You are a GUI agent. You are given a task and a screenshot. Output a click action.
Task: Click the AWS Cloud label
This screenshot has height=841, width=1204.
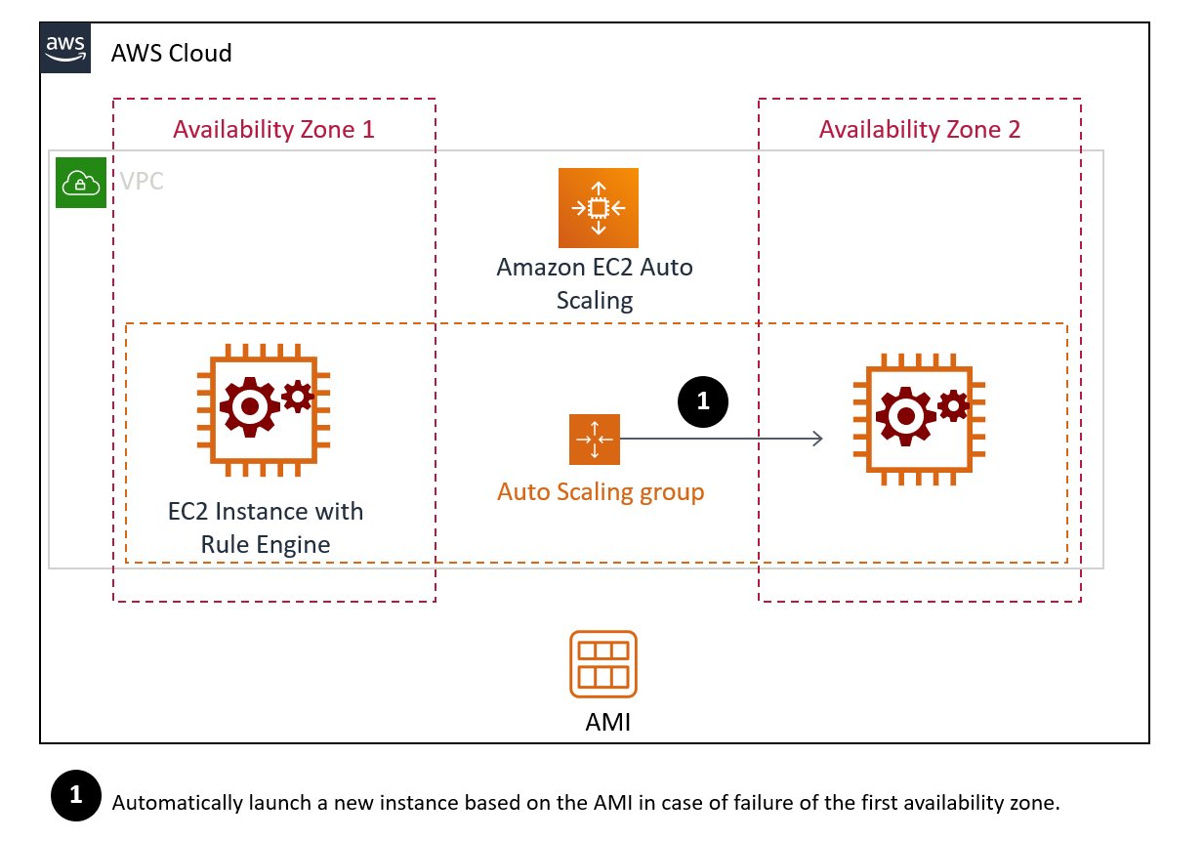[171, 53]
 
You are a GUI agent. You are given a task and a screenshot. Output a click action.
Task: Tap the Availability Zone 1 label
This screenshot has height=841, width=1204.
[273, 129]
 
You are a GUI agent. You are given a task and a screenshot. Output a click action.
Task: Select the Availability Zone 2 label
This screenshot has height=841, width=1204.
[919, 129]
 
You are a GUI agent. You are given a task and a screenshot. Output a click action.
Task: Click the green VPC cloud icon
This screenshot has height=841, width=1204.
[80, 182]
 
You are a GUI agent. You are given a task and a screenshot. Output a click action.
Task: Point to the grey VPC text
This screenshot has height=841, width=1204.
[142, 182]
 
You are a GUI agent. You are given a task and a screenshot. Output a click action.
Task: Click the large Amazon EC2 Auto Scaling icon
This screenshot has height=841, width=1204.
[598, 207]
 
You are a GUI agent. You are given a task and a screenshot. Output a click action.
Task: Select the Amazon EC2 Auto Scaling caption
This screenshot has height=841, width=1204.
[595, 283]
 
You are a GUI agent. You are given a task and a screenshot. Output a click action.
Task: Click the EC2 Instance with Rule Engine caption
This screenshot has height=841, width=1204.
[266, 527]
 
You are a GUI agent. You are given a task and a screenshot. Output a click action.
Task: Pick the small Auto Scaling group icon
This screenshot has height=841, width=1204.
[594, 439]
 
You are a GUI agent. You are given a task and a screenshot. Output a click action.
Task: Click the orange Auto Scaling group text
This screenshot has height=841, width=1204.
[601, 491]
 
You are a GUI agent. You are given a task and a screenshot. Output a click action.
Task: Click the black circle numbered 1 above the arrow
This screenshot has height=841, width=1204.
[702, 400]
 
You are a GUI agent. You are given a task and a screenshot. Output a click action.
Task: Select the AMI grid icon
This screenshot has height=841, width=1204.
[603, 663]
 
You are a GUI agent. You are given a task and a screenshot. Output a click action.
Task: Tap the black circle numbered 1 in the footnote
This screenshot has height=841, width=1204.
[75, 797]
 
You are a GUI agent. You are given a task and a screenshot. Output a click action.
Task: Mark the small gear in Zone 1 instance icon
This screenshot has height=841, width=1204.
[298, 395]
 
